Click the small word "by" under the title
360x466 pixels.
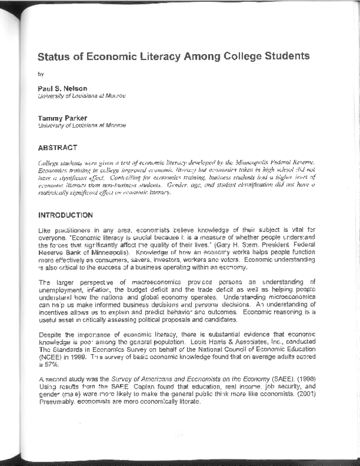(x=40, y=75)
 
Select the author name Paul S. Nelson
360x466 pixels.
(x=62, y=88)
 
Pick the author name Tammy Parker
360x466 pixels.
(x=62, y=118)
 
